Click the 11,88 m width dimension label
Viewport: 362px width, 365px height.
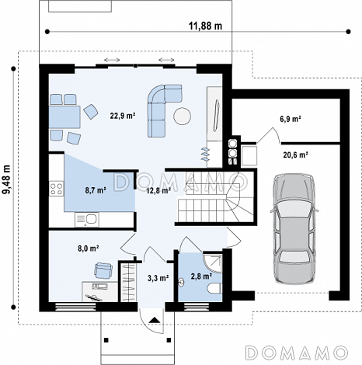[205, 26]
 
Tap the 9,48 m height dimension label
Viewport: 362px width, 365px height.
[6, 179]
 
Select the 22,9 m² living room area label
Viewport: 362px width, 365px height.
[123, 116]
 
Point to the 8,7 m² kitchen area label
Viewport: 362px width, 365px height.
[96, 190]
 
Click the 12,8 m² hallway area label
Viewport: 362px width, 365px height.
[158, 191]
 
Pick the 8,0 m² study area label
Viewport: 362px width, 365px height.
[89, 249]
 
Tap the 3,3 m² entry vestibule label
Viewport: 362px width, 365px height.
[158, 278]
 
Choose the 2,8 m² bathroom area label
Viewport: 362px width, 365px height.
[201, 276]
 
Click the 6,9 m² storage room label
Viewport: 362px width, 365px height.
[291, 119]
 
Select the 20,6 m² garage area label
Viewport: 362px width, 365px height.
[295, 155]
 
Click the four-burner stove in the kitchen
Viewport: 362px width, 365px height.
[57, 189]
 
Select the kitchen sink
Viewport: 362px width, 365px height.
[87, 220]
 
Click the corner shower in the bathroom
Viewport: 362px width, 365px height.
[213, 263]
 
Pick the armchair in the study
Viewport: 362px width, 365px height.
[103, 270]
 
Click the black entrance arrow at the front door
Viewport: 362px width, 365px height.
[155, 320]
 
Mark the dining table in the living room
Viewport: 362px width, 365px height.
[64, 116]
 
